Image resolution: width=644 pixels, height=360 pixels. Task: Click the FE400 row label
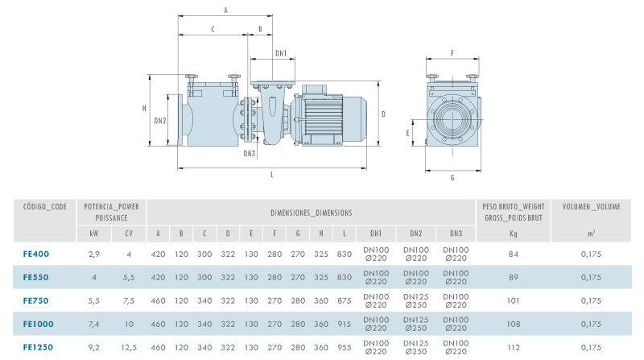tap(36, 254)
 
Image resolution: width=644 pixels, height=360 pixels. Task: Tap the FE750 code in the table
tap(36, 300)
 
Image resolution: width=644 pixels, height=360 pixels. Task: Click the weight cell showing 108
tap(513, 323)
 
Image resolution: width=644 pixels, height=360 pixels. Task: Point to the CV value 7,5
tap(129, 300)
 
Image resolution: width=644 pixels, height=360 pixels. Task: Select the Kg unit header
tap(513, 234)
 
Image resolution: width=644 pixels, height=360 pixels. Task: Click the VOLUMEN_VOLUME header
tap(592, 207)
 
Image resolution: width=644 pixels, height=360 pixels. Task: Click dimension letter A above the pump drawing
tap(226, 10)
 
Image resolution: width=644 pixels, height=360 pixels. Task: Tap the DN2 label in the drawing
tap(160, 121)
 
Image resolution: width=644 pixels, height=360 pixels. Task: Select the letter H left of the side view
tap(144, 107)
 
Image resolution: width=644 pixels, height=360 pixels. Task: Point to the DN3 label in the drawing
tap(249, 153)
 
